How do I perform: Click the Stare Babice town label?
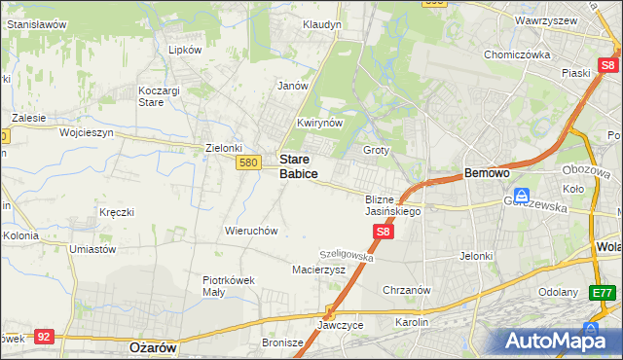299,165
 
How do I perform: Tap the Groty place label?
376,151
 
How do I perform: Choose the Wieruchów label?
252,232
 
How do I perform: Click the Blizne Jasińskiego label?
392,204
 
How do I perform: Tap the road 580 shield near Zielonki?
248,162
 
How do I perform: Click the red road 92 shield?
43,336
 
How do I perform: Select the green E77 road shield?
603,293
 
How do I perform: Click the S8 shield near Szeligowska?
384,232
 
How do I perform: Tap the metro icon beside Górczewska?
522,195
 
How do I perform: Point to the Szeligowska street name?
348,254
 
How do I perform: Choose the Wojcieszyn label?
87,132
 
